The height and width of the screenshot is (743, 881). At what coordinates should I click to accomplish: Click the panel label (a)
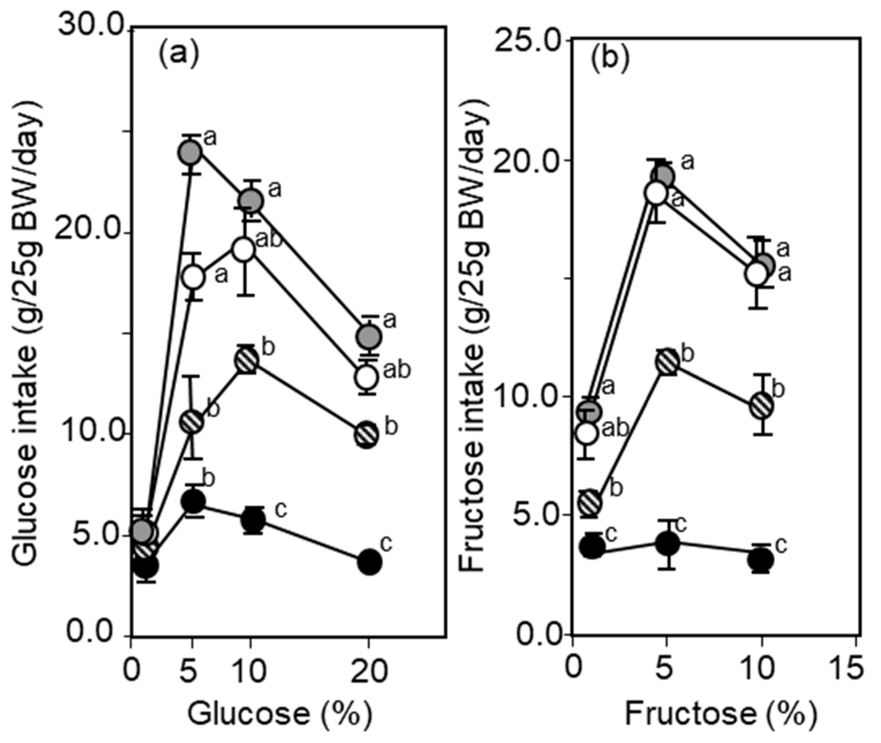(x=178, y=55)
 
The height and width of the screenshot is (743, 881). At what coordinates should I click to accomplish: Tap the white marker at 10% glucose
(x=243, y=250)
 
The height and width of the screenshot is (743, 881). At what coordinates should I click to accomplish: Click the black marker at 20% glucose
(x=370, y=562)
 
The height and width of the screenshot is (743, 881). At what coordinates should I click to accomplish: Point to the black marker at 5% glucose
(x=193, y=501)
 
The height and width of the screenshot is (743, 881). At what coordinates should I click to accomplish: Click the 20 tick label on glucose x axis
(x=369, y=671)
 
